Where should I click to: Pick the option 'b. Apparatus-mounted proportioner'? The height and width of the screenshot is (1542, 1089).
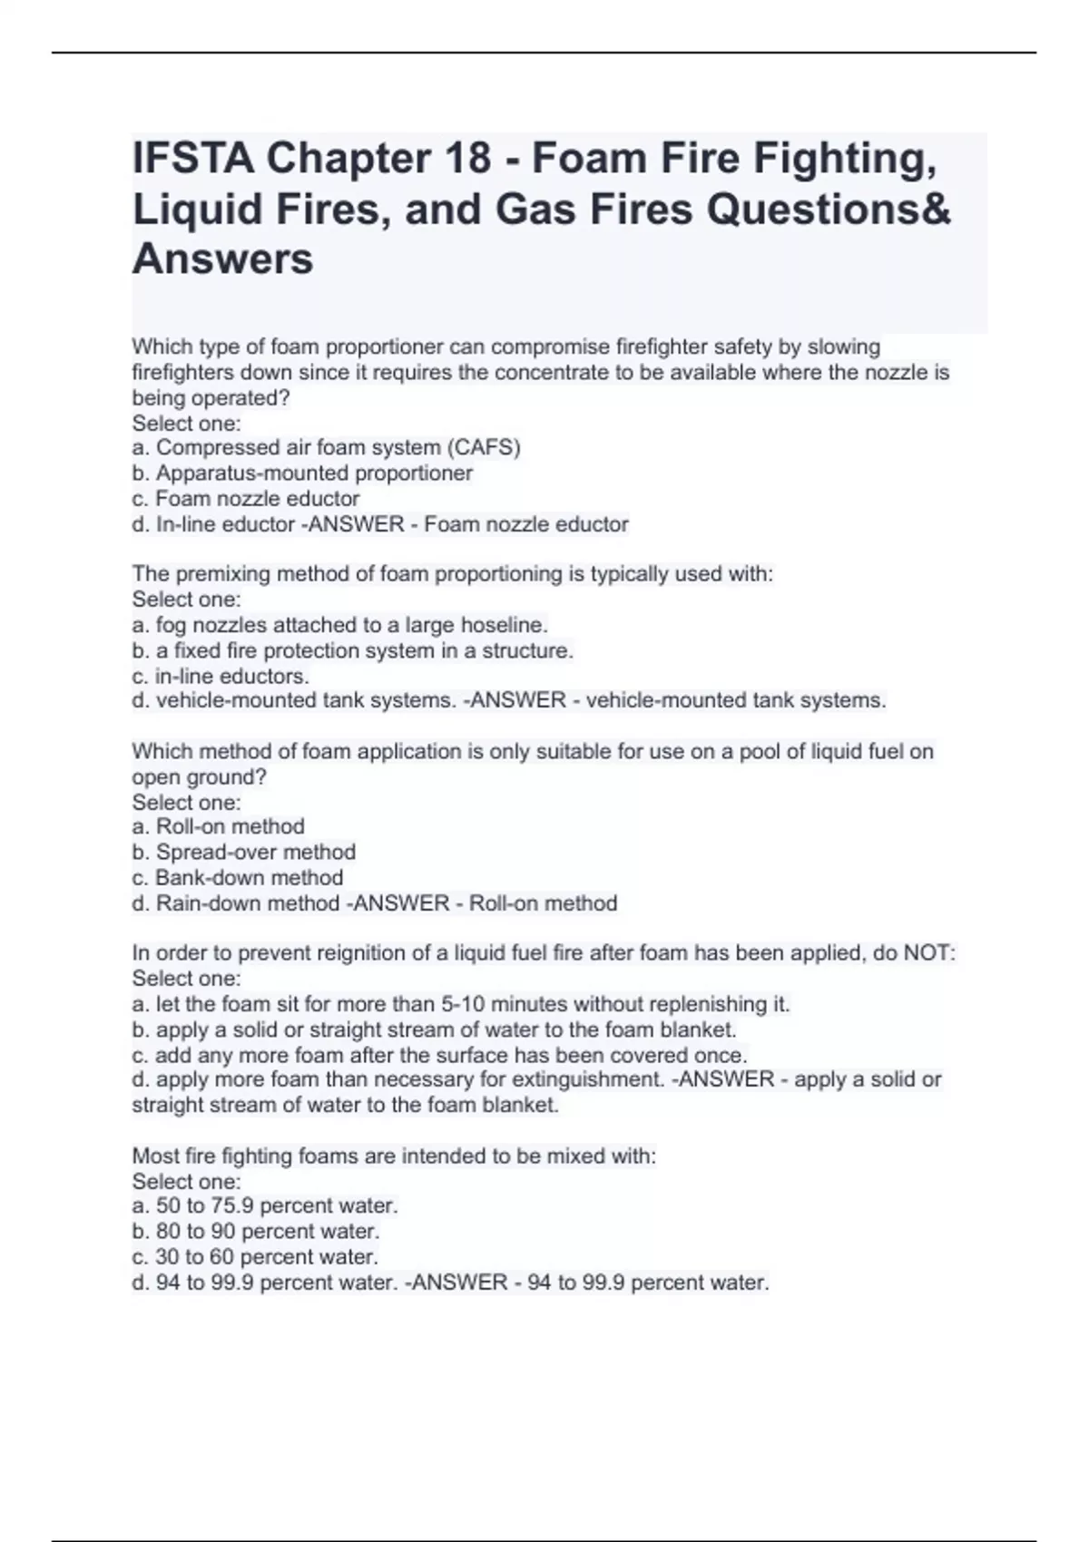(x=302, y=473)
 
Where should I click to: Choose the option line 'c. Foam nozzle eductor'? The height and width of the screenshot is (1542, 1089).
(x=246, y=498)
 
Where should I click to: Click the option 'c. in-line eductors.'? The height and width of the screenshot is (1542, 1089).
(x=221, y=676)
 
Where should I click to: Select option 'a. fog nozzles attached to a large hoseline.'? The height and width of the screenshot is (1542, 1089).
(x=339, y=625)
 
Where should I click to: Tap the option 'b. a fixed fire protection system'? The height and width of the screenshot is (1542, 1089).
(x=352, y=650)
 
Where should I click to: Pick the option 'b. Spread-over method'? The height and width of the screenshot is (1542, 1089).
(x=243, y=852)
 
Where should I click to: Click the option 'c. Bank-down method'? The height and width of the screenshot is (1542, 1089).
(x=238, y=877)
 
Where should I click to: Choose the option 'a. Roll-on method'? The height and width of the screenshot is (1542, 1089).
(x=218, y=826)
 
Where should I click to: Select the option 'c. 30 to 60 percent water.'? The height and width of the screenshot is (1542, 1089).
(x=255, y=1256)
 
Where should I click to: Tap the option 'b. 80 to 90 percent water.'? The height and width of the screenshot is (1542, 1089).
(x=256, y=1231)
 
